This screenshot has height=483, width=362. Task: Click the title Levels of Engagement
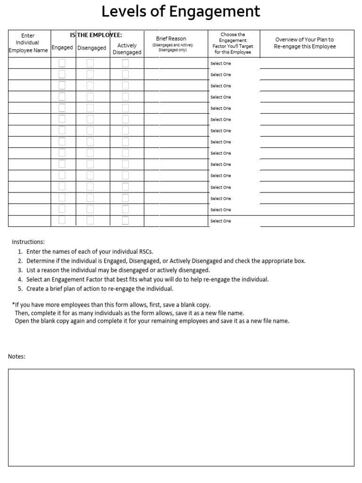[181, 12]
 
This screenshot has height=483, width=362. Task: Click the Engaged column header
[62, 48]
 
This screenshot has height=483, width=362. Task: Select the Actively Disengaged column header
[127, 49]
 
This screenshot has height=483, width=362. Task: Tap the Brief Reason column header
[171, 39]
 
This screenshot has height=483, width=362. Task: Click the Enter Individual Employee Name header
[28, 43]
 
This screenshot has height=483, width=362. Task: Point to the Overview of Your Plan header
[304, 43]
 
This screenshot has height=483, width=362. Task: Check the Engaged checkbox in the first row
[62, 63]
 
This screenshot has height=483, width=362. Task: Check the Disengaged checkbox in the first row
[90, 63]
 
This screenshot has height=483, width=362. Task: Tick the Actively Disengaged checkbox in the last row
[125, 221]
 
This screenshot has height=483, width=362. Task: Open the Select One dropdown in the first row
[221, 64]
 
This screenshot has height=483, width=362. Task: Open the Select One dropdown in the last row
[221, 221]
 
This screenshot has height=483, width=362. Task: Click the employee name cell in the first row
[29, 63]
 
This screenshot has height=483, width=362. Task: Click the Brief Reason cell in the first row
[175, 63]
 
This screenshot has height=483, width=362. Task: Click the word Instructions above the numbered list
[28, 242]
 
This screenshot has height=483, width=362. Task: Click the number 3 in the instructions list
[20, 270]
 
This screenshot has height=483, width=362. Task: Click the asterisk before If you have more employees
[14, 305]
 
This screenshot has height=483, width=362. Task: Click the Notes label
[16, 357]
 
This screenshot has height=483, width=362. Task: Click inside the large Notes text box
[181, 417]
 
